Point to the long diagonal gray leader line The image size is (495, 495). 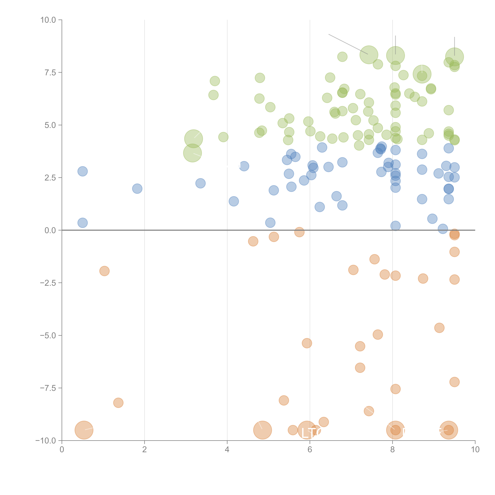pos(348,44)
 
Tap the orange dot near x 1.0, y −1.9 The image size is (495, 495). pos(104,271)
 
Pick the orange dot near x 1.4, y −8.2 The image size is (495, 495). pos(118,403)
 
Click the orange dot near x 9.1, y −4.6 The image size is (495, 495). pos(439,328)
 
